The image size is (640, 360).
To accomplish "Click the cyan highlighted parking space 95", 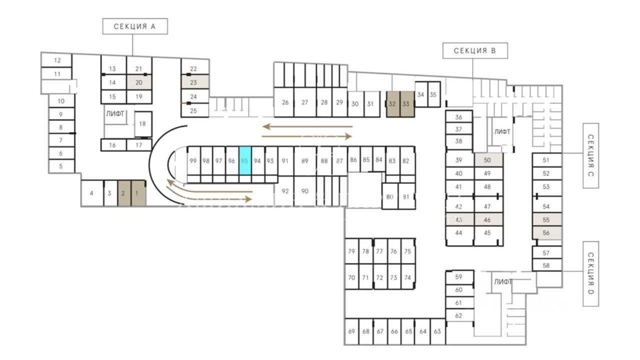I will coord(244,160).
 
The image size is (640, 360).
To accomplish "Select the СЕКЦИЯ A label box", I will coord(134,26).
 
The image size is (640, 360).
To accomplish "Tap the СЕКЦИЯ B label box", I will coord(475,50).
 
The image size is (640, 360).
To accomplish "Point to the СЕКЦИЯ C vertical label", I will coord(590,155).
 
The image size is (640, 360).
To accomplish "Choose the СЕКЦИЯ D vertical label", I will coord(590,273).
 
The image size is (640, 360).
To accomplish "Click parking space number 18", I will coord(143,124).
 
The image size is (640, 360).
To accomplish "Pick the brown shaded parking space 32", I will coord(392,104).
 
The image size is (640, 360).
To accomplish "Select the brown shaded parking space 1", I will coord(138,193).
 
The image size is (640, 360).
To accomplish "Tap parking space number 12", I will coord(57,60).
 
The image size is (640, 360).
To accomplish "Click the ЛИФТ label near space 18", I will coord(115,114).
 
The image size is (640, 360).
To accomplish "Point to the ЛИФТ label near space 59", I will coord(502,281).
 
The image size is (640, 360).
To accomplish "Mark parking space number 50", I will coord(487,160).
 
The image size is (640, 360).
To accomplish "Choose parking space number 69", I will coord(351,331).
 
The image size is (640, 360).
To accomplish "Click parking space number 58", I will coord(546,265).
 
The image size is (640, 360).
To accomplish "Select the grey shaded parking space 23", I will coord(193,82).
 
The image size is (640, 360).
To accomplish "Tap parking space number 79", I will coord(351,251).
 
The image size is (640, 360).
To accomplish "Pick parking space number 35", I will coord(433,94).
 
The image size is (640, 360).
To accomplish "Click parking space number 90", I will coord(305,191).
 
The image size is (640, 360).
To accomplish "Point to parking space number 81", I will coord(406,196).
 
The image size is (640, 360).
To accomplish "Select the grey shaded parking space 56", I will coord(546,232).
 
